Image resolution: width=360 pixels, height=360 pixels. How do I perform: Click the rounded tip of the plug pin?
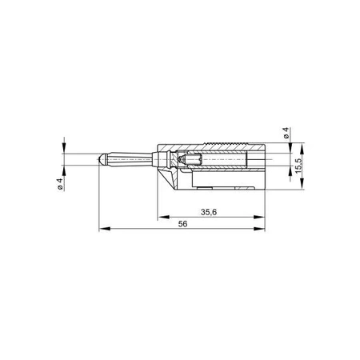click(x=99, y=160)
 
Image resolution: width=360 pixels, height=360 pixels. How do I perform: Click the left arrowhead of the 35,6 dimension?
click(x=160, y=217)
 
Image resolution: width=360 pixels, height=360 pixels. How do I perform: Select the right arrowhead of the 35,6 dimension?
click(x=262, y=217)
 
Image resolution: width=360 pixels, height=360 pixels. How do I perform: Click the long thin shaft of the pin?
click(x=132, y=160)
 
